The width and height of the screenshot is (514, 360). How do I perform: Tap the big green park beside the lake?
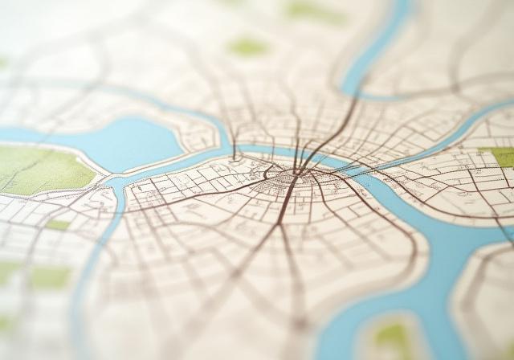pos(40,169)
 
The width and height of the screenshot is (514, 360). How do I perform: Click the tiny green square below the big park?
pos(58,225)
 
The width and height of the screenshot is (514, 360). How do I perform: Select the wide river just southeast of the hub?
pos(377,193)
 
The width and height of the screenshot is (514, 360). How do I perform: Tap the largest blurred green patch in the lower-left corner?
pos(48,277)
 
